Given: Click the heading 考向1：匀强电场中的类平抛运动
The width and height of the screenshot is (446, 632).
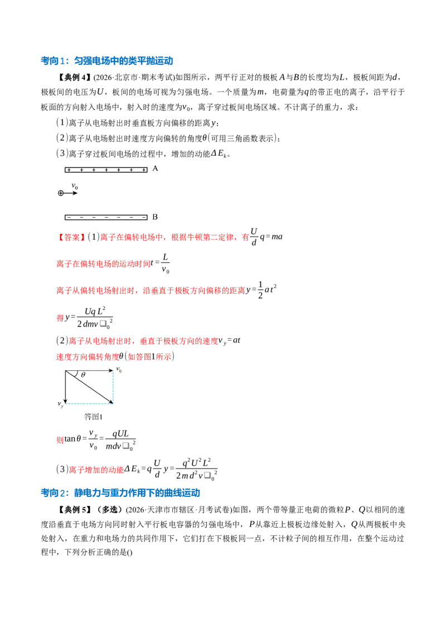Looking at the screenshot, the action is [106, 61].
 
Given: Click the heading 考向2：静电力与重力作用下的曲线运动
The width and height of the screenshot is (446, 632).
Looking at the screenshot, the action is [120, 492].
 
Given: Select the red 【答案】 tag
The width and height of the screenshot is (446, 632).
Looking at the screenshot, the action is [71, 237].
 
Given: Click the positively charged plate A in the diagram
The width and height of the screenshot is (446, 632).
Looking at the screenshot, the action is [106, 170].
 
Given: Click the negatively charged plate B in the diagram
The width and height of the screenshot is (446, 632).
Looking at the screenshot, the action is [106, 218].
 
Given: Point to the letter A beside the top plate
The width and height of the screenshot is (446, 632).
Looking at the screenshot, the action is [156, 169].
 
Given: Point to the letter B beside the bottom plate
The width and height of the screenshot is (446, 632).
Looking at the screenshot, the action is [155, 217].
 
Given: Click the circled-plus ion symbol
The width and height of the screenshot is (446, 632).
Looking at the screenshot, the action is [61, 193].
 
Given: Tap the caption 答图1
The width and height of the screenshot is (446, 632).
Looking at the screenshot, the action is [93, 416].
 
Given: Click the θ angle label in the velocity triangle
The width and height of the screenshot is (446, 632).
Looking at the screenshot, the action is [83, 375].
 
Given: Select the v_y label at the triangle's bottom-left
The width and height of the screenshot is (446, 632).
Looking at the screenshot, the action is [60, 404].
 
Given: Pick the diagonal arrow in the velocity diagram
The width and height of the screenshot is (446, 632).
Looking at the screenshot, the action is [89, 387].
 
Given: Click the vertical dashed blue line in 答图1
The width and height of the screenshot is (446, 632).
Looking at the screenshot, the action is [113, 387].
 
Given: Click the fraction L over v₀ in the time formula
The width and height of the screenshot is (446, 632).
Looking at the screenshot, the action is [165, 264].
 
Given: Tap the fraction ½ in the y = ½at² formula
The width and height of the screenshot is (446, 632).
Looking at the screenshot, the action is [260, 290].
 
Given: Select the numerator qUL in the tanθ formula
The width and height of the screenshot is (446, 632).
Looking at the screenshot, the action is [120, 434].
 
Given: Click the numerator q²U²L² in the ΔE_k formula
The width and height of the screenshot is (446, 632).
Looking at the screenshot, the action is [196, 463].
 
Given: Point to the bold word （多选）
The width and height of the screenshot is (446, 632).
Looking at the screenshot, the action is [108, 510].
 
